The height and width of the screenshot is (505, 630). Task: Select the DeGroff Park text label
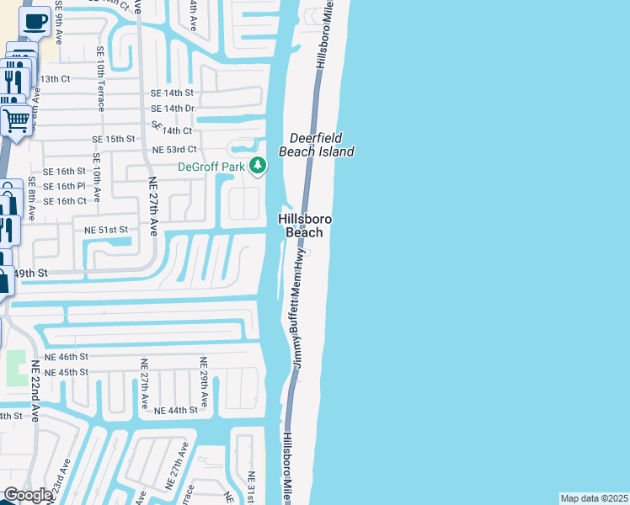pos(211,167)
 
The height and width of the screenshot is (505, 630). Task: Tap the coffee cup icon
pos(35,22)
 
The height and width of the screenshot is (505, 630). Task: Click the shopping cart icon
pos(15,120)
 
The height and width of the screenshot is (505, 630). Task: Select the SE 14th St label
pos(172,93)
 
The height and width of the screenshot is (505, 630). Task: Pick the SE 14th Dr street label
pos(172,109)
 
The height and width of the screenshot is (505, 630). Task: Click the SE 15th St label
pos(114,139)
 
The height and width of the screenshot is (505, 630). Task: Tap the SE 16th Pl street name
pos(64,186)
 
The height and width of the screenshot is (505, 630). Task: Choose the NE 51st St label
pos(106,229)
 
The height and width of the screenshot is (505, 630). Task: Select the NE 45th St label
pos(67,372)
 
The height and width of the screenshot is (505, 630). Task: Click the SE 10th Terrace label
pos(99,83)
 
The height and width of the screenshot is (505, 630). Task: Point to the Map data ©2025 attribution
pos(594,498)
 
